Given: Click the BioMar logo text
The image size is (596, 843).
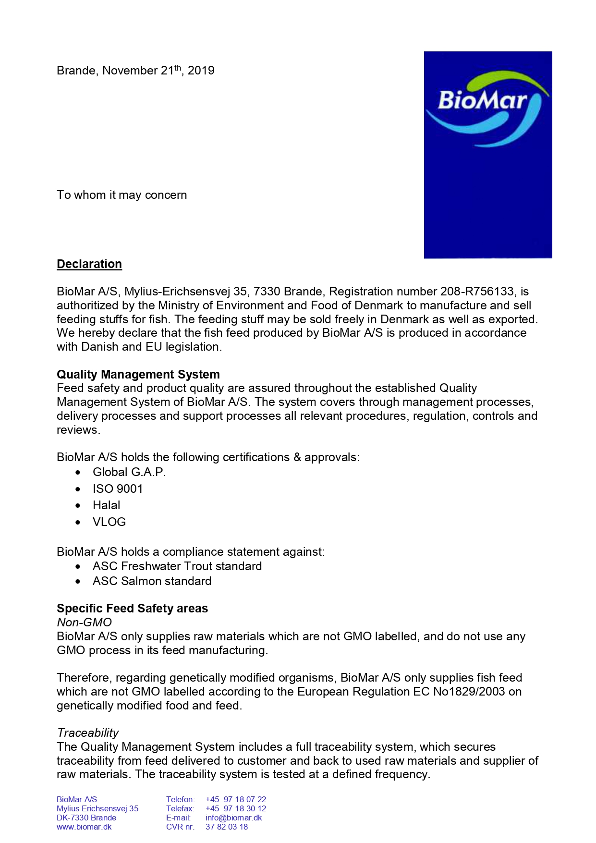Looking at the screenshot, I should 482,101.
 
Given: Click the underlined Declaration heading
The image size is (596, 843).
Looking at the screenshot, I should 89,264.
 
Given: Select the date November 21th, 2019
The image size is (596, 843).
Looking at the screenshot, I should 158,71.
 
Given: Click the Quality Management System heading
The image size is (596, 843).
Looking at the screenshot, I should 138,375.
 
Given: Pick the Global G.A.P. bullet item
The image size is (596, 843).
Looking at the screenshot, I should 129,472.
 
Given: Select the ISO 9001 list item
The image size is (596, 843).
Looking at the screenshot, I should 118,489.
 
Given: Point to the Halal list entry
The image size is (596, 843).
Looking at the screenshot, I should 107,505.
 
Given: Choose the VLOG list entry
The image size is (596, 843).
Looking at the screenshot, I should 109,522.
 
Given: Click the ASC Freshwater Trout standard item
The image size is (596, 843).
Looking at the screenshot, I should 177,566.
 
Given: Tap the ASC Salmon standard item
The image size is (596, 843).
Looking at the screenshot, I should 152,581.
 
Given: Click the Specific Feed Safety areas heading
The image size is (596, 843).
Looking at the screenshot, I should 132,609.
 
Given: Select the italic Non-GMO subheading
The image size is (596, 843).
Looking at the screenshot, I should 84,623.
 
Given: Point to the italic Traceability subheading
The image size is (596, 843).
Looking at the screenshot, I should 88,733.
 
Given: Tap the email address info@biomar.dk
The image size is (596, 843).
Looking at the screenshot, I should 233,818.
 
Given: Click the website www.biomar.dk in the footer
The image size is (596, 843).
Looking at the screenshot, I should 84,827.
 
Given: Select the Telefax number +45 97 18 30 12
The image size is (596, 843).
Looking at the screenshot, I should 235,808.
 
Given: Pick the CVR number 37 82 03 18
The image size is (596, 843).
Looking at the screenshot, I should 227,827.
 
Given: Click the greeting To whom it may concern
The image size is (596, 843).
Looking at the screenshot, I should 122,195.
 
